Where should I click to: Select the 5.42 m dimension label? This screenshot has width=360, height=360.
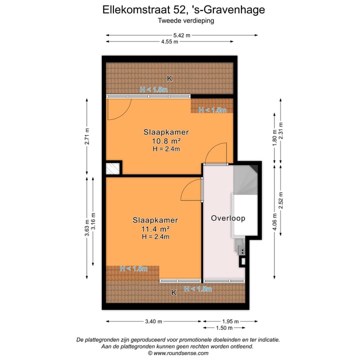click(x=181, y=35)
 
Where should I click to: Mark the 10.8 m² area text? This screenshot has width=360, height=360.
click(x=166, y=141)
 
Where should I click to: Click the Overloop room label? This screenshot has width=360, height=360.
click(x=227, y=218)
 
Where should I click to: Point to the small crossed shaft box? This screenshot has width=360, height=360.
click(x=113, y=168)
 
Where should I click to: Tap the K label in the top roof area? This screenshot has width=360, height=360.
click(x=169, y=78)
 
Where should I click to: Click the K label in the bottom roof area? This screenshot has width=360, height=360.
click(x=174, y=293)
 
